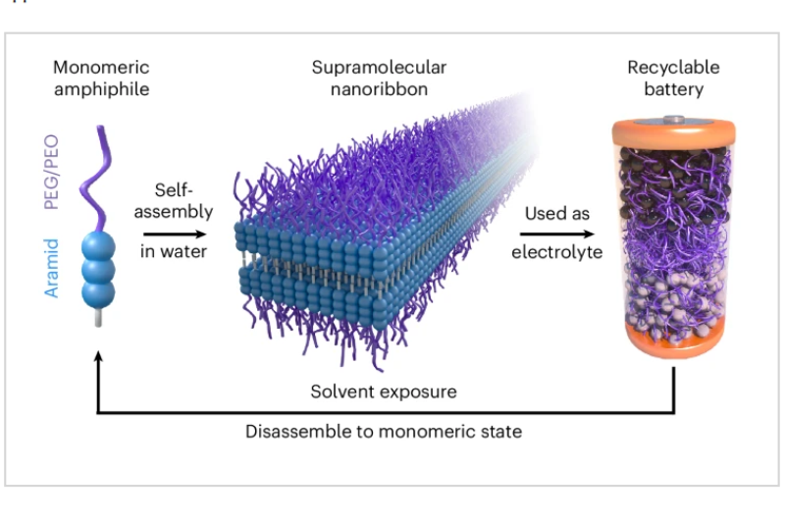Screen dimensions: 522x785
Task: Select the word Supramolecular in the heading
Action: point(379,68)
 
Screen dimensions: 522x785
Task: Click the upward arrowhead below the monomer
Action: point(97,360)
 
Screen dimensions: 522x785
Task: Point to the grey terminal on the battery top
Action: point(673,120)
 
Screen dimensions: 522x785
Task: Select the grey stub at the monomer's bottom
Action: point(98,320)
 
